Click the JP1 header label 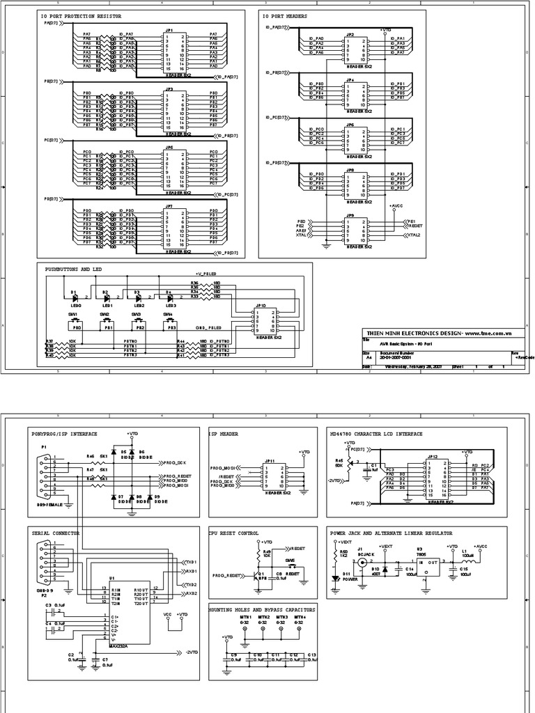170,31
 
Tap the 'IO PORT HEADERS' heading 286,15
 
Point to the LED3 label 171,305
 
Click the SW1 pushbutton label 73,314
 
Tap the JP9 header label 350,215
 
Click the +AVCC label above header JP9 396,206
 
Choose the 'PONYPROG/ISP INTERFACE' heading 64,433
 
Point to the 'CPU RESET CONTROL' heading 233,533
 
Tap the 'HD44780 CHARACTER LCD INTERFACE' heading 376,433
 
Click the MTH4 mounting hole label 299,617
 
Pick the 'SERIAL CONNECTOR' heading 56,533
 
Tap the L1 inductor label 464,552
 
